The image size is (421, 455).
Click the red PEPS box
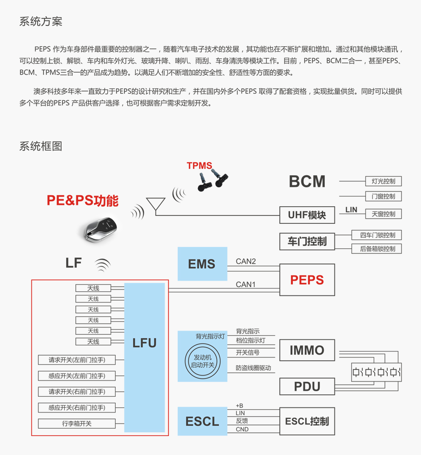(x=307, y=280)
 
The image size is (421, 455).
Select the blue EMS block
(x=202, y=264)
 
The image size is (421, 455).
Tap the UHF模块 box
(x=307, y=215)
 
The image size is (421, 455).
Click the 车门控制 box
(x=307, y=241)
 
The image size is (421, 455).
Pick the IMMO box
(x=307, y=350)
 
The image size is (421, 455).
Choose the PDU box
(x=307, y=386)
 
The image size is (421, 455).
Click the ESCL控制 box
(x=307, y=421)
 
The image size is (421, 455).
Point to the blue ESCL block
(x=202, y=421)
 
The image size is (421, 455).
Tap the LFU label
(x=144, y=343)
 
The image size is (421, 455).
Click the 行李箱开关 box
(x=77, y=423)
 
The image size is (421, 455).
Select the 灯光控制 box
(x=383, y=181)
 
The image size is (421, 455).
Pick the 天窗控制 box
(x=383, y=214)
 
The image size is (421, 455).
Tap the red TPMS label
(x=199, y=166)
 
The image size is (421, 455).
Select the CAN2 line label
(x=246, y=261)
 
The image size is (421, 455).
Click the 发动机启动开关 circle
(x=203, y=362)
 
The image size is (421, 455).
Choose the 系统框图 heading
(x=41, y=146)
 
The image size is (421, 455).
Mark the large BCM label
(x=307, y=181)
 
